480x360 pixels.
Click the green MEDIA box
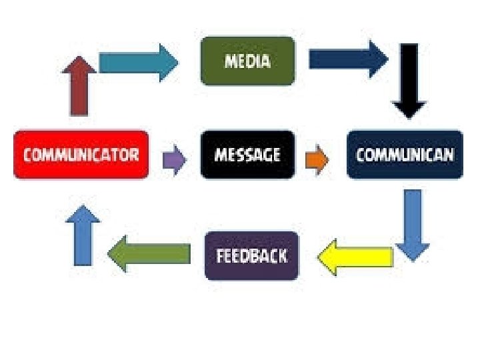[x=247, y=61]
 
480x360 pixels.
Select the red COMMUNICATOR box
[x=81, y=155]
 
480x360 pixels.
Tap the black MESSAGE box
[x=247, y=155]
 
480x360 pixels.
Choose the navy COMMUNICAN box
[x=405, y=155]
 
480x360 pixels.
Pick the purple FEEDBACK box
[x=251, y=255]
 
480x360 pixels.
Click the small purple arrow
[x=175, y=159]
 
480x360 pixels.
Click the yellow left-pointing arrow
[x=354, y=257]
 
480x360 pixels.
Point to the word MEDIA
[x=247, y=61]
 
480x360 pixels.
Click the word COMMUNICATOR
[x=81, y=155]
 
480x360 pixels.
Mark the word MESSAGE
[x=247, y=155]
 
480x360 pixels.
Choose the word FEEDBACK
[x=251, y=256]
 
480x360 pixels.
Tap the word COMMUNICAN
[x=405, y=155]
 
